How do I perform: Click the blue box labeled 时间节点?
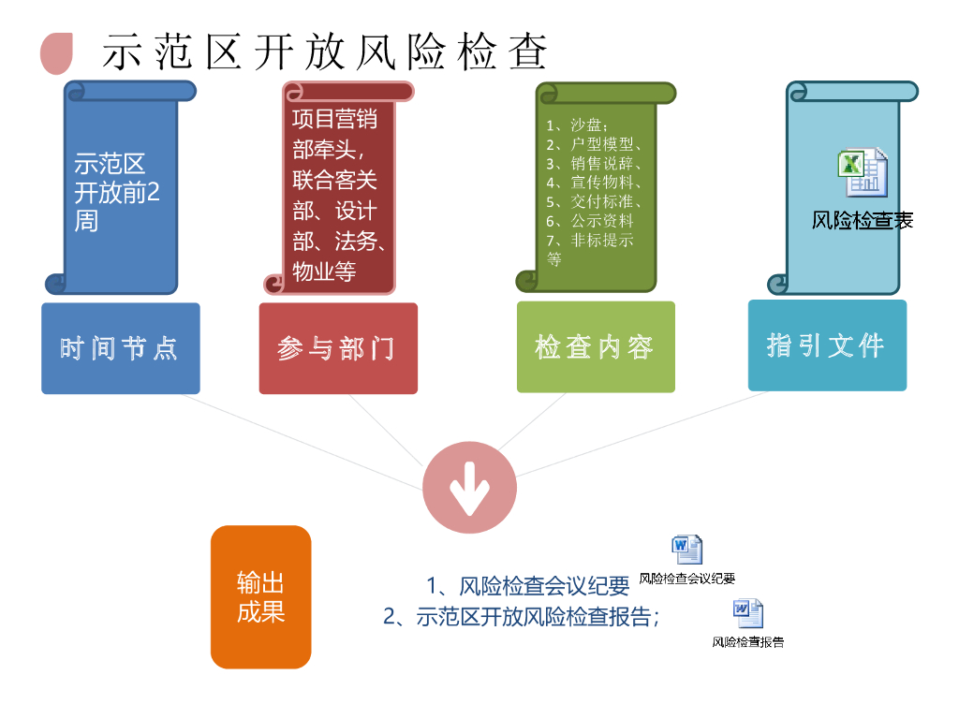click(120, 348)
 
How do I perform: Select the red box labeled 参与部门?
click(337, 348)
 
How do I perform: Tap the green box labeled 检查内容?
click(595, 347)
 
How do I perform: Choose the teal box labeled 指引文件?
click(826, 345)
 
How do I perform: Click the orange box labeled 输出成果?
click(260, 597)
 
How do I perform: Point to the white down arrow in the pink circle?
click(468, 488)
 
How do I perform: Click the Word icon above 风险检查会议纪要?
click(686, 550)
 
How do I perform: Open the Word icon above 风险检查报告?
click(747, 613)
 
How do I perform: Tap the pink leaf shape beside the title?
click(57, 52)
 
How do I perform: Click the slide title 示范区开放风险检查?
click(324, 51)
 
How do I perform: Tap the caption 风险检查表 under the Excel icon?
click(862, 221)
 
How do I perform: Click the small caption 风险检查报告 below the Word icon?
click(747, 642)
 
